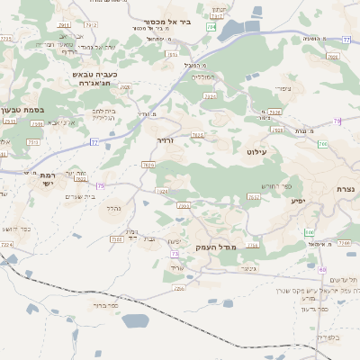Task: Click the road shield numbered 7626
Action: (149, 165)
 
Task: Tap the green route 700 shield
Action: (322, 144)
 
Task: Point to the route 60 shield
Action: (323, 268)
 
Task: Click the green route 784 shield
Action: (211, 28)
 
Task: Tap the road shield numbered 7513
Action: (33, 142)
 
